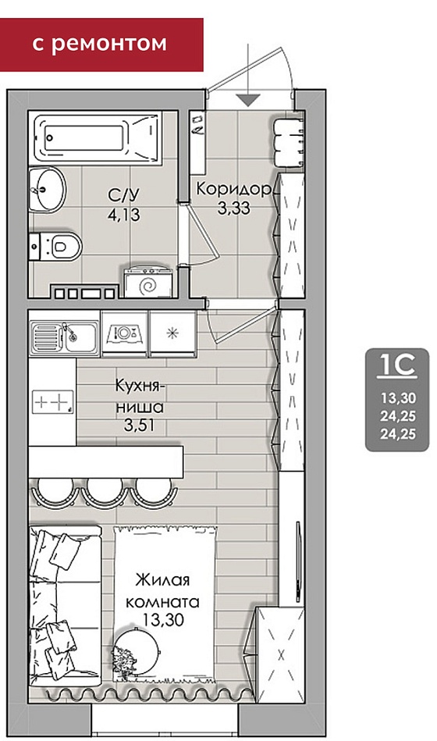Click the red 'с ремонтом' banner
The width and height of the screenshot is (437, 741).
[x=101, y=45]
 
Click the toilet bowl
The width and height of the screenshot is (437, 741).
[x=55, y=246]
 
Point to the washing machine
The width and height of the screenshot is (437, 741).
[x=148, y=283]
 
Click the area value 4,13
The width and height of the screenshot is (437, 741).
[x=124, y=215]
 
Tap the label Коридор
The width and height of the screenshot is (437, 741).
[x=234, y=189]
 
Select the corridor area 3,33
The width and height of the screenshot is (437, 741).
[x=234, y=208]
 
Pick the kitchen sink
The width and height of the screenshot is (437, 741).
[x=65, y=337]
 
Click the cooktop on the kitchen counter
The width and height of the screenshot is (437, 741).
[x=53, y=402]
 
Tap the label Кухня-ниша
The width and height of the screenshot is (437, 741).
[x=140, y=396]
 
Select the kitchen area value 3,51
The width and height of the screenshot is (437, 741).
[x=140, y=425]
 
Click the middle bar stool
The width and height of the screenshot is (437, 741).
[x=105, y=491]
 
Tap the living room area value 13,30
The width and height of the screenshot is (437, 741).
[x=163, y=619]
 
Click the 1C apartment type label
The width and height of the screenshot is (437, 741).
[x=397, y=365]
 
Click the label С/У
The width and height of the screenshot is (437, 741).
[x=124, y=194]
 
